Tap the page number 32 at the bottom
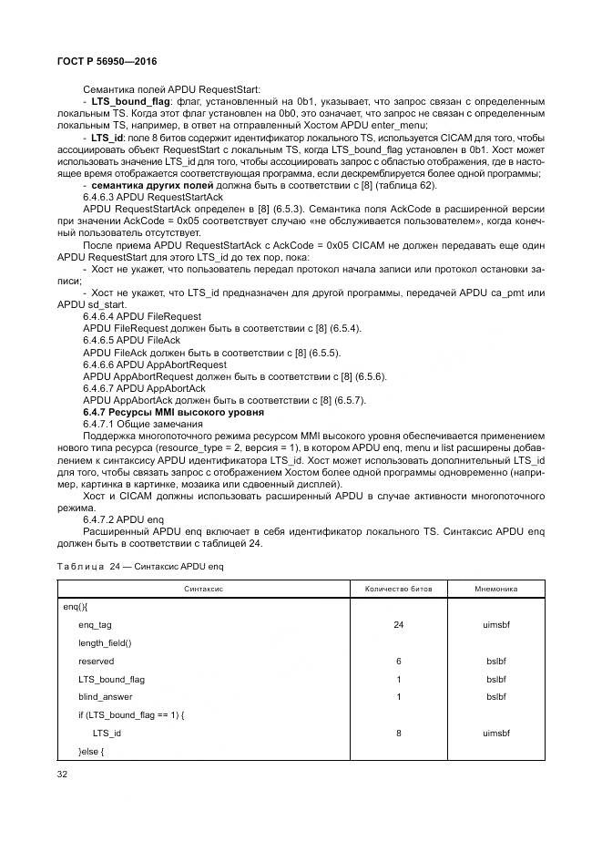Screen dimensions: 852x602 click(x=63, y=775)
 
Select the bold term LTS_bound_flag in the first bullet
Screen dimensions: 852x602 click(x=127, y=102)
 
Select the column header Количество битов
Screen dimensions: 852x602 click(x=399, y=590)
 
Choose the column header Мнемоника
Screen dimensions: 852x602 click(x=496, y=590)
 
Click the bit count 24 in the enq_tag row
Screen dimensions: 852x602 click(x=399, y=624)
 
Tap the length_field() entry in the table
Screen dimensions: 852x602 click(x=105, y=642)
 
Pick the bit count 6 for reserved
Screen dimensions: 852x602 click(x=399, y=661)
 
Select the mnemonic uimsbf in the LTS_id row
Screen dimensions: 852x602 click(x=496, y=733)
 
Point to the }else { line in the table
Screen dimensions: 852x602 click(x=92, y=751)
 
